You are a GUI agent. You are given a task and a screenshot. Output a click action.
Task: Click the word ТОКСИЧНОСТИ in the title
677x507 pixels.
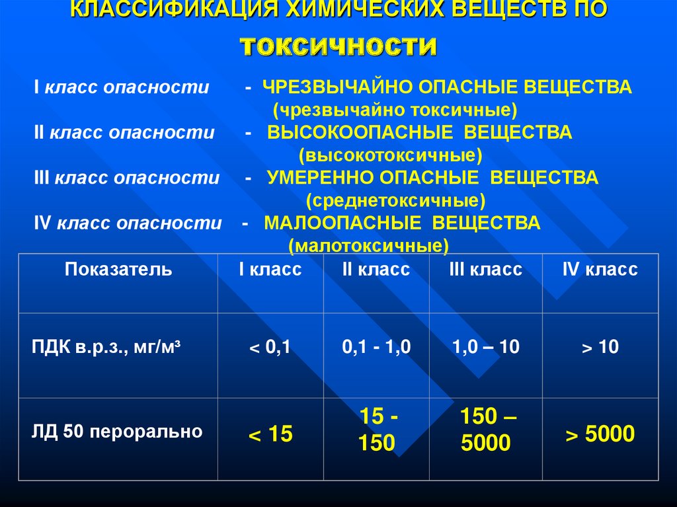point(338,46)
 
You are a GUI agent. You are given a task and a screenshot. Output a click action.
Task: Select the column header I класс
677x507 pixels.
point(270,269)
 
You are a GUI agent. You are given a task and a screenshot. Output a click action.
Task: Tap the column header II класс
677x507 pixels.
point(376,269)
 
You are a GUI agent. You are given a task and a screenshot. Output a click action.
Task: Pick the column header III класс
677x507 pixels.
point(486,269)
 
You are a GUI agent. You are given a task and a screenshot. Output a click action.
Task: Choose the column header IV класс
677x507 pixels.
point(600,269)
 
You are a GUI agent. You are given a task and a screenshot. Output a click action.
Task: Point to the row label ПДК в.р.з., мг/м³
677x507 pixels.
point(106,347)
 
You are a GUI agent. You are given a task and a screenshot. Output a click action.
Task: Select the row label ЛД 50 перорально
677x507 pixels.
point(117,432)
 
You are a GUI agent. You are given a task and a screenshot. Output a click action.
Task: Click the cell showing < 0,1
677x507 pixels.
point(270,347)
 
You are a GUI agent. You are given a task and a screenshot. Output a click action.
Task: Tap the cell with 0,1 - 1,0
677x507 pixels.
point(376,347)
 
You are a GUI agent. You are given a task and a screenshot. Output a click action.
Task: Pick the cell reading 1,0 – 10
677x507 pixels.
point(486,347)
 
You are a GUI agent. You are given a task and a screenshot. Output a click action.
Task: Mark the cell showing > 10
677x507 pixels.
point(600,347)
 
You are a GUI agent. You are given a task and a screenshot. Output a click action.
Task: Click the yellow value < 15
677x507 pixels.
point(270,434)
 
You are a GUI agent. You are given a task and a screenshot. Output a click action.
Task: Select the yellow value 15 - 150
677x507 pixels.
point(378,429)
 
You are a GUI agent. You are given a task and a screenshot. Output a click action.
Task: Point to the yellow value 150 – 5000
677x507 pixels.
point(487,429)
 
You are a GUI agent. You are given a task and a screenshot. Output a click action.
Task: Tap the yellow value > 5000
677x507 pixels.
point(600,434)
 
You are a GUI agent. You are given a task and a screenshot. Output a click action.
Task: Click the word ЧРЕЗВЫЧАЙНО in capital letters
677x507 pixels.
point(338,87)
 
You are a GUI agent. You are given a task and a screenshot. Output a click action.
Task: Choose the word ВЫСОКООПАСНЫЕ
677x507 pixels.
point(360,132)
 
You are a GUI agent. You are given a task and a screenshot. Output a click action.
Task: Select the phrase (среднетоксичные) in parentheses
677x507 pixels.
point(396,200)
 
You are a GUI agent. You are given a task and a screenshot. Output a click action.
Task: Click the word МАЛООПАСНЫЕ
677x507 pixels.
point(342,223)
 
